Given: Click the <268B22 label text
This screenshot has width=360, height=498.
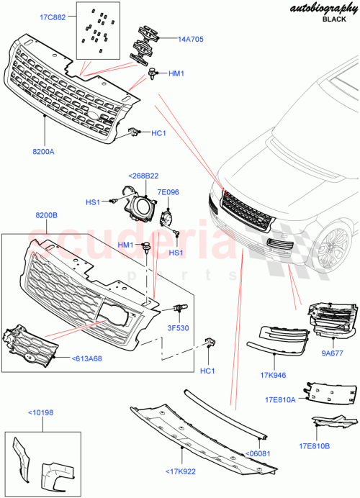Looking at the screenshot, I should pyautogui.click(x=144, y=176).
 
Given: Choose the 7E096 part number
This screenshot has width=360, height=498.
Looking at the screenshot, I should pyautogui.click(x=168, y=193).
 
